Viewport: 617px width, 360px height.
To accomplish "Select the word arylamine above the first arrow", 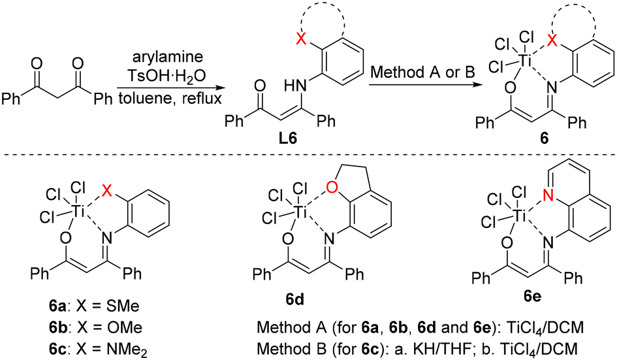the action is point(168,56).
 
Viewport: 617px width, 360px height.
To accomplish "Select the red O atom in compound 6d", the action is point(332,189).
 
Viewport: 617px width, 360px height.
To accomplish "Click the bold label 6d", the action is point(295,300).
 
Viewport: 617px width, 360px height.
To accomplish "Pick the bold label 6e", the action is point(532,296).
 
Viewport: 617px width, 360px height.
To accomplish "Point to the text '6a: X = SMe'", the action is point(94,306).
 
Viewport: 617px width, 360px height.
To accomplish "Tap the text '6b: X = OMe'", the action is point(95,328).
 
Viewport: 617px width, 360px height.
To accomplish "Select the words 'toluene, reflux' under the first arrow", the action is point(170,98).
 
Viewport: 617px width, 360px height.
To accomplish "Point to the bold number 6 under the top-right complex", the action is point(545,140).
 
